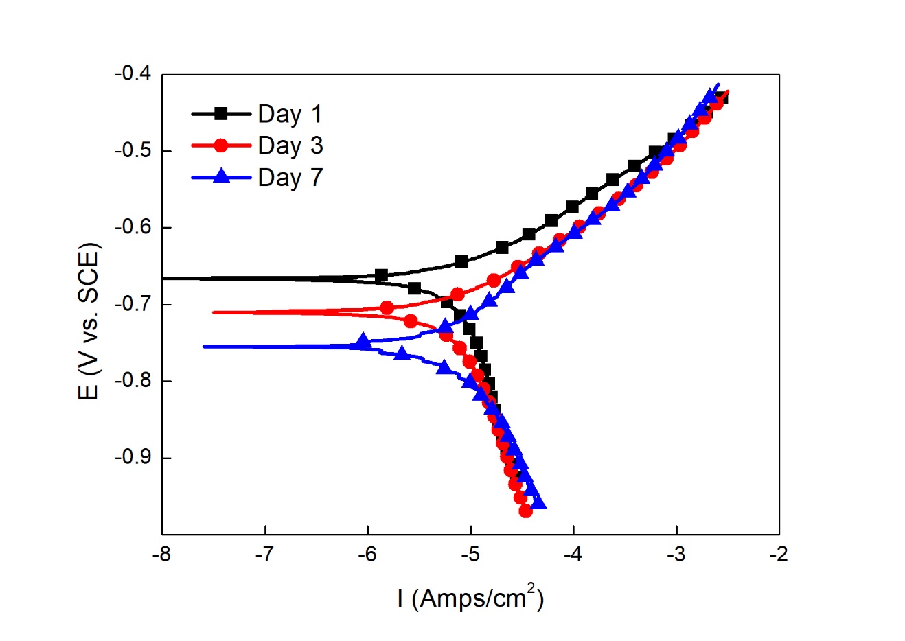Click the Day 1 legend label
click(289, 114)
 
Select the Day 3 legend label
click(290, 145)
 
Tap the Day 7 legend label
click(290, 178)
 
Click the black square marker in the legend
click(221, 114)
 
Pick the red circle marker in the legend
click(221, 145)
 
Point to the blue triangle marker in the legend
click(221, 177)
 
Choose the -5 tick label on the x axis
click(470, 554)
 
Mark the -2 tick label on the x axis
click(779, 554)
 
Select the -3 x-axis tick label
click(676, 554)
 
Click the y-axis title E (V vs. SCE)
click(89, 320)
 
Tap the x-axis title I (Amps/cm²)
click(470, 598)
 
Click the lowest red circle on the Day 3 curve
click(525, 511)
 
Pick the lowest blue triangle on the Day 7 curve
click(539, 503)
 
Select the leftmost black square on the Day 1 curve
click(381, 275)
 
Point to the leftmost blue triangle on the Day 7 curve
click(364, 340)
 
